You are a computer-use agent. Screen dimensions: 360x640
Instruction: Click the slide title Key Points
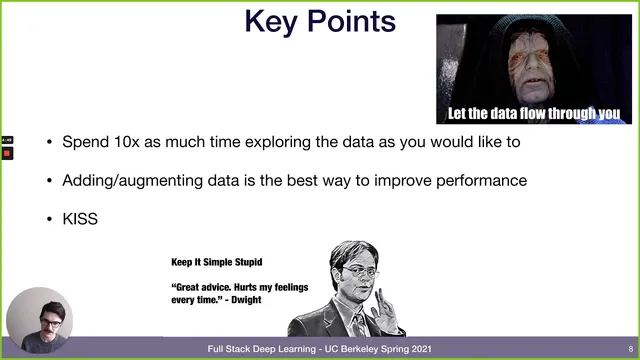click(320, 22)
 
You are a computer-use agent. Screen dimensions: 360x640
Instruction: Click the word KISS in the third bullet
click(80, 218)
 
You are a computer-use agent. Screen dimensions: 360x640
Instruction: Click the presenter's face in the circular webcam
click(41, 318)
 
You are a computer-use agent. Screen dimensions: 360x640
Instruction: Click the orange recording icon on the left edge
click(7, 154)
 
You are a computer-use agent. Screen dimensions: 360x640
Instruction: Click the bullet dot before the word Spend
click(50, 142)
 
